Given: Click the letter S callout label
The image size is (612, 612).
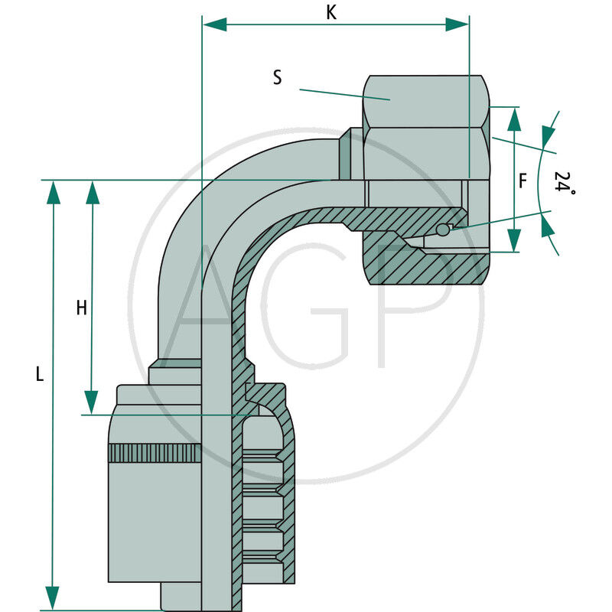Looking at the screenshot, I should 277,76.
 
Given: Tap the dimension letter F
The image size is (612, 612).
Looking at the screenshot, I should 523,181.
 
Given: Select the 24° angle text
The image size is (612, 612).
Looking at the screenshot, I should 564,183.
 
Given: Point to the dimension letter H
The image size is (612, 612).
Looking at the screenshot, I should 81,308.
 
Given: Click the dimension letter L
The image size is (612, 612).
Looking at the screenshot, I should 41,374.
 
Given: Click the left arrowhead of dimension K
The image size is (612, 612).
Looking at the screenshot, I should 215,24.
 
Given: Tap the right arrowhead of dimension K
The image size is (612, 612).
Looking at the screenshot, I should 457,24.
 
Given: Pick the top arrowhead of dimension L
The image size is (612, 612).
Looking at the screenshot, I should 53,192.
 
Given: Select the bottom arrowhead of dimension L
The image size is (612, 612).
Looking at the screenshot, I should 53,597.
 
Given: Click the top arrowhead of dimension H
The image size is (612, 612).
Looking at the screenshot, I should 93,192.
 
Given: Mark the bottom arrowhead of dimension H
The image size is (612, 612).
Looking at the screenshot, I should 92,402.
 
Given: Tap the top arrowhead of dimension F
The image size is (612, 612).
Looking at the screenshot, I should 514,119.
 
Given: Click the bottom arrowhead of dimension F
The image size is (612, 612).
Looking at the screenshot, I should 514,240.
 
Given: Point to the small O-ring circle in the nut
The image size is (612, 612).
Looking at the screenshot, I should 442,230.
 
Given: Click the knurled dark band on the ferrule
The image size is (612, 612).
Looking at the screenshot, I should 155,453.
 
